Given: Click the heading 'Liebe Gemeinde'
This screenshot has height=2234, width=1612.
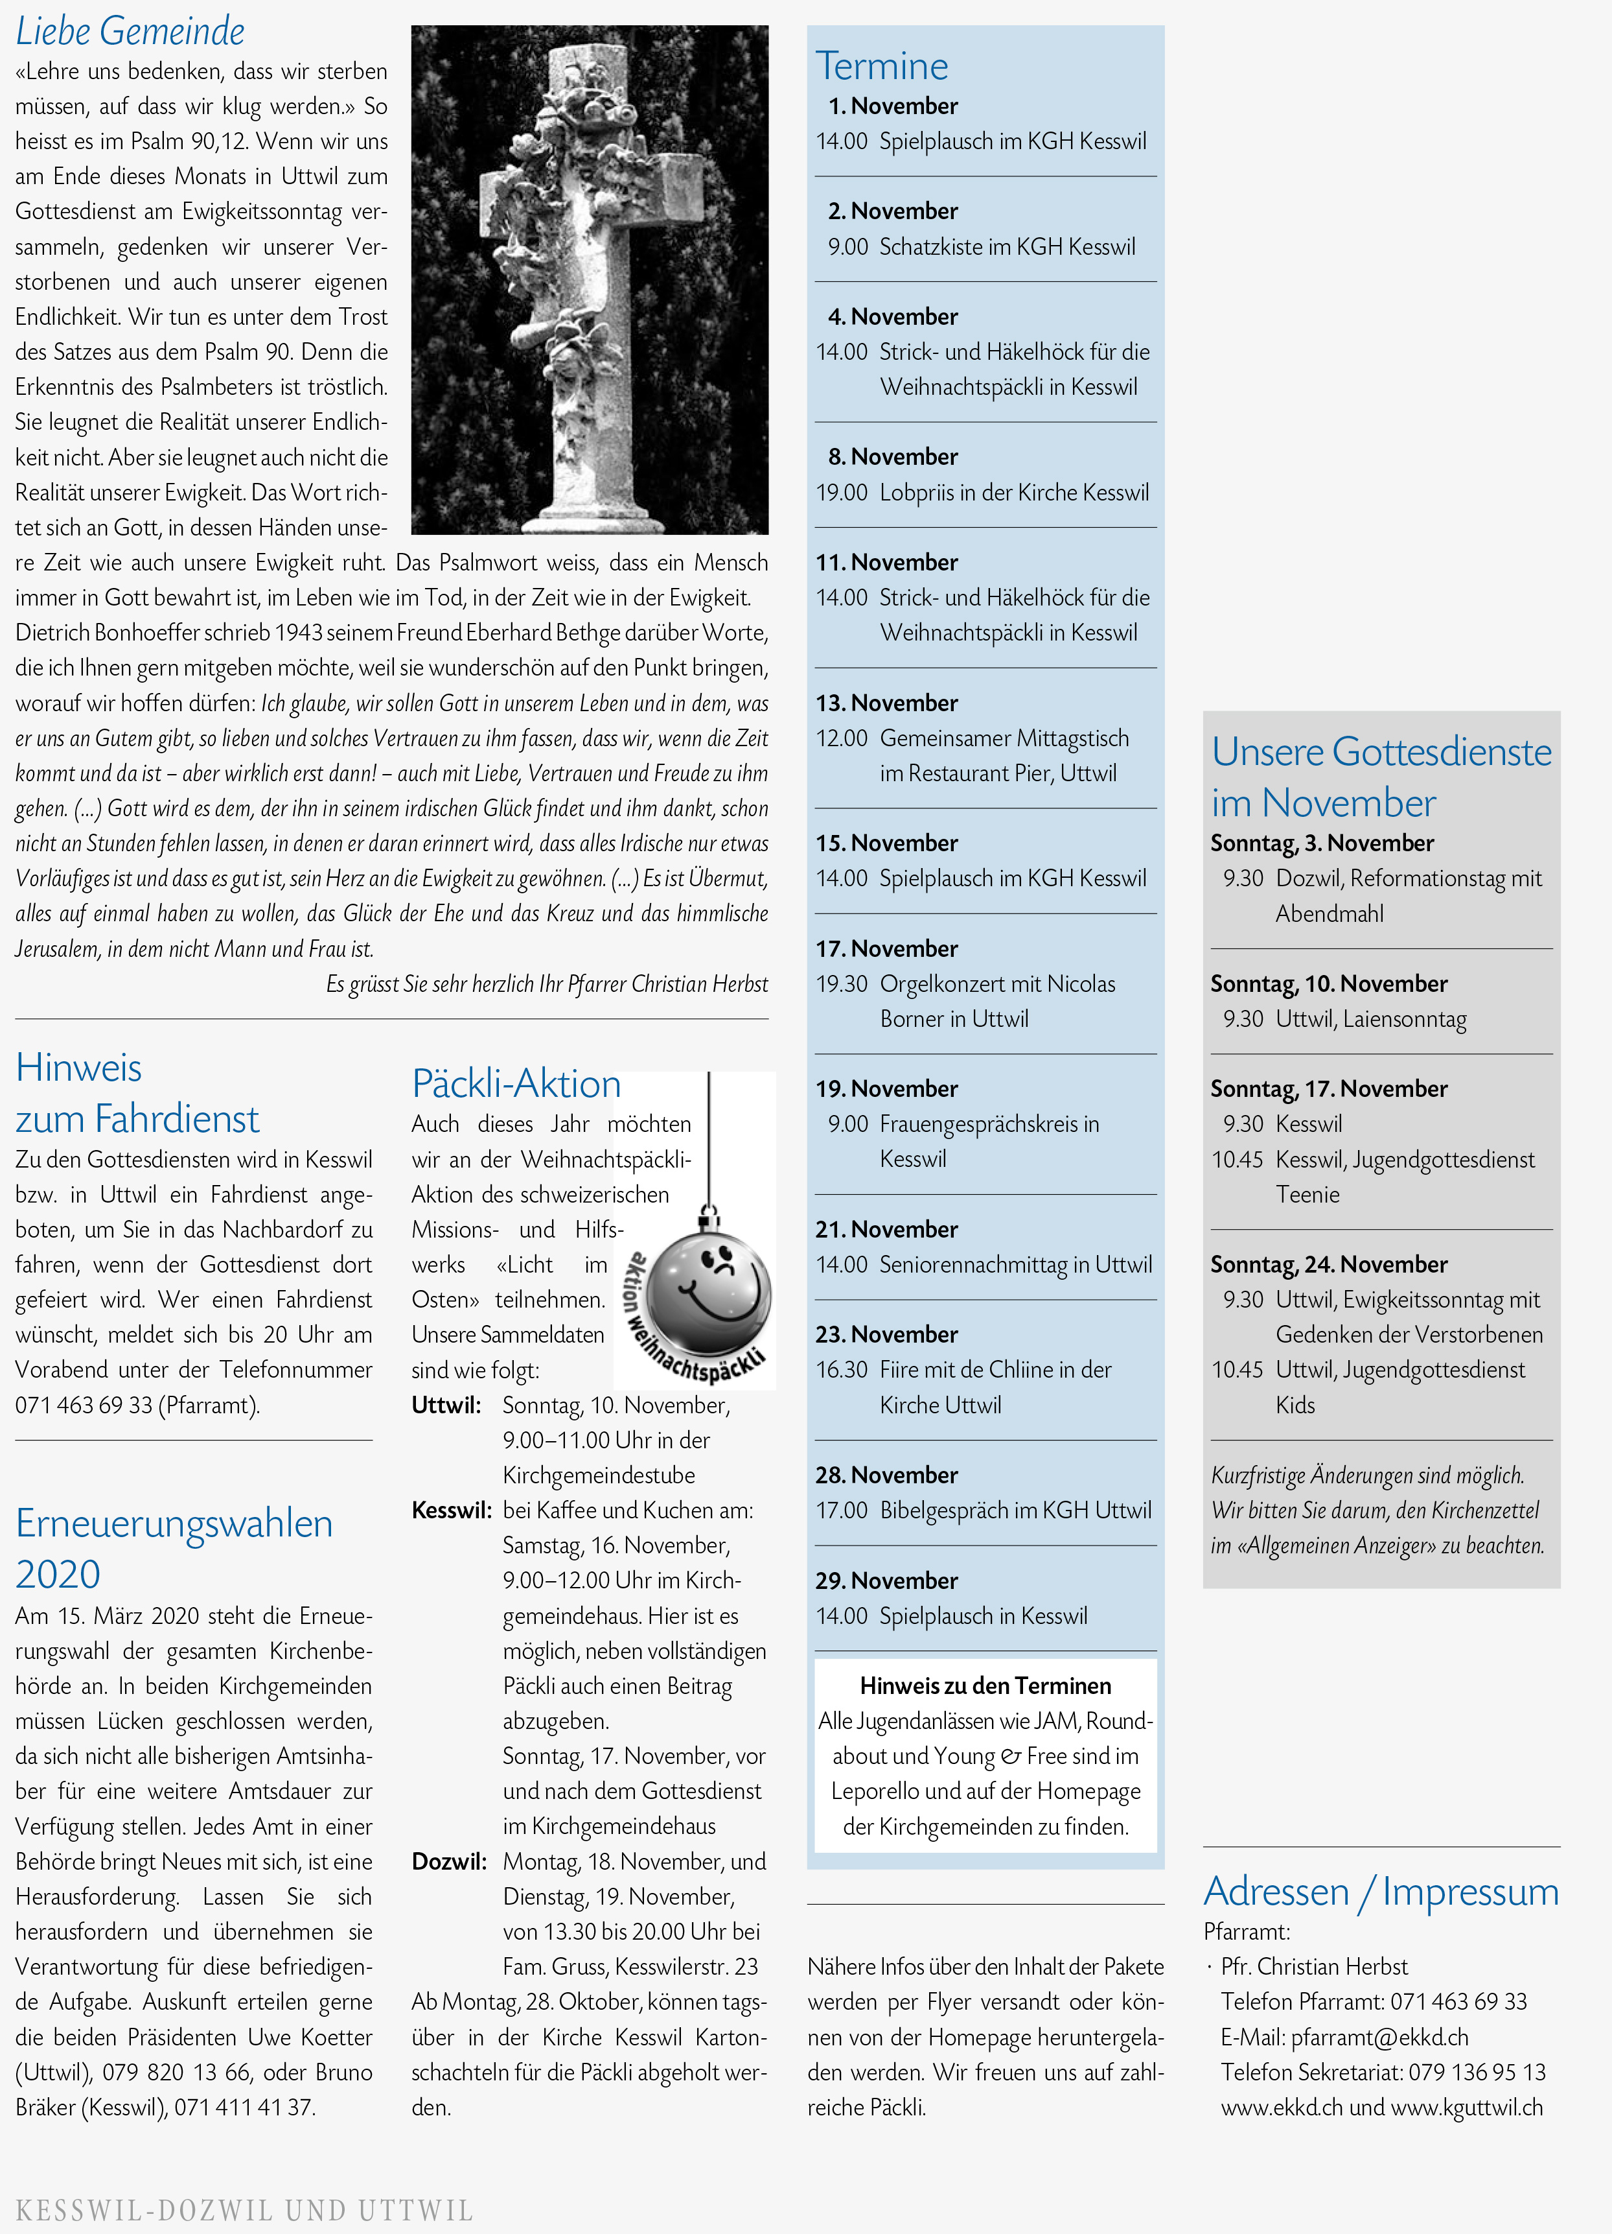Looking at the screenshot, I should coord(130,32).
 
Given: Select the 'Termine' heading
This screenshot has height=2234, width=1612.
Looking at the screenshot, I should coord(881,66).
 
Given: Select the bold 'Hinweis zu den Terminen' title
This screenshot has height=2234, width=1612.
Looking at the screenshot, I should coord(985,1686).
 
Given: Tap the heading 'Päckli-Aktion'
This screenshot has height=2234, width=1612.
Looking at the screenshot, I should coord(516,1083).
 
